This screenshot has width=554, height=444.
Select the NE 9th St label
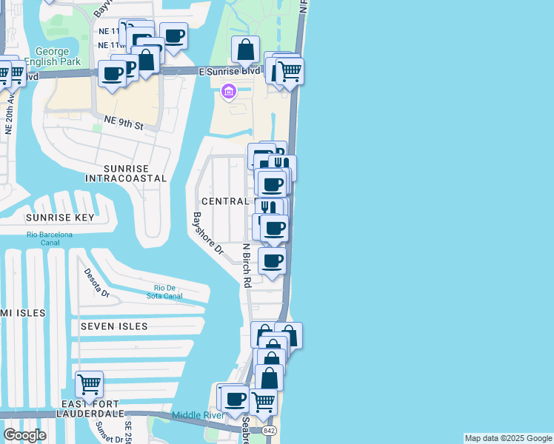[x=123, y=123]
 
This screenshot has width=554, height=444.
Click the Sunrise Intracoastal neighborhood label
[x=125, y=173]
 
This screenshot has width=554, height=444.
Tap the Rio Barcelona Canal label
[x=50, y=239]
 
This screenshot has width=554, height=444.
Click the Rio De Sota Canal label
[x=168, y=292]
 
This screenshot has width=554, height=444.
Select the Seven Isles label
[x=114, y=326]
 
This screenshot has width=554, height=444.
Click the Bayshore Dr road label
[x=207, y=234]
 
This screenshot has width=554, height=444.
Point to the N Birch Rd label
[x=247, y=265]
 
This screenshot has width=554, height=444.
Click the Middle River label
[x=198, y=415]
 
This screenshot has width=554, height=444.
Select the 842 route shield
[x=269, y=429]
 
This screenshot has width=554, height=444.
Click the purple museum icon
[x=228, y=92]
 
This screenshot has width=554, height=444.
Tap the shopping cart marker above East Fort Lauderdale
[x=89, y=384]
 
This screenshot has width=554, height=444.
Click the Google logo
[x=24, y=435]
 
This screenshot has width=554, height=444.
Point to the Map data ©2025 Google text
[x=508, y=438]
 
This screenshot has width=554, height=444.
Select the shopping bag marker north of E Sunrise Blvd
[x=245, y=50]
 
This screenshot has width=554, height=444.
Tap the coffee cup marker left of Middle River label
[x=236, y=399]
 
